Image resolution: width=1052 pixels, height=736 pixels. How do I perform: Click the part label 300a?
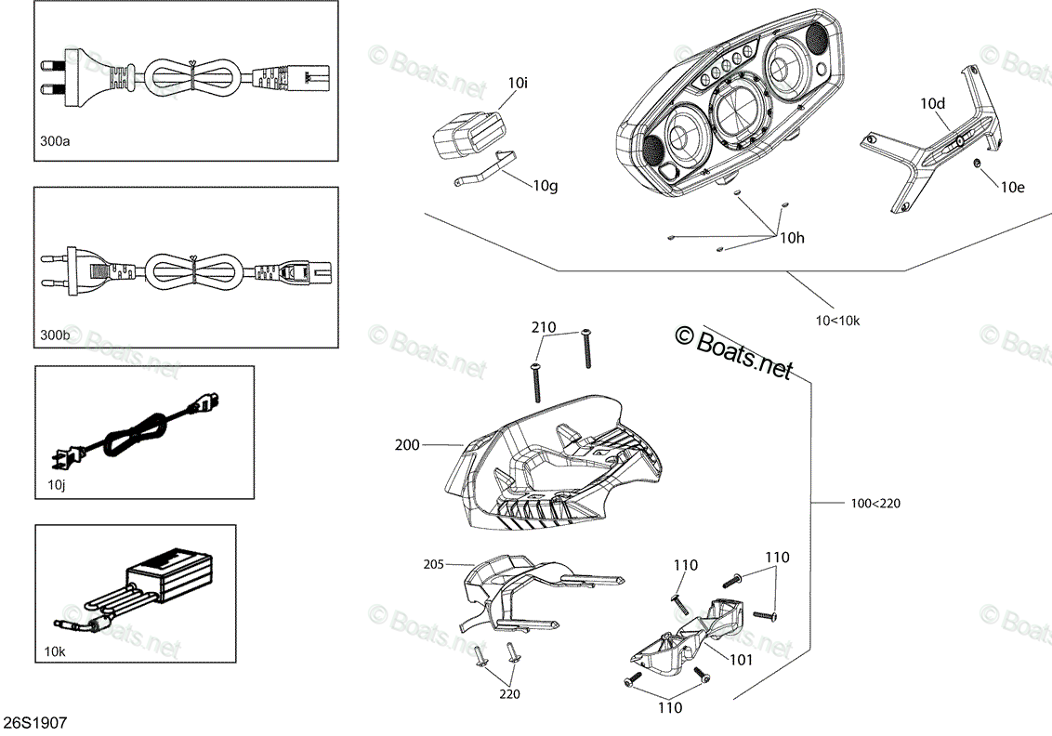tap(55, 141)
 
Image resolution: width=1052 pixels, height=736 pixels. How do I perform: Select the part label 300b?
tap(55, 335)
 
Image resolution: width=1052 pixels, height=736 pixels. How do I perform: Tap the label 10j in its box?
tap(57, 485)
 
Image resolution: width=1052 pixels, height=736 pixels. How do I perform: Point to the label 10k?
tap(55, 651)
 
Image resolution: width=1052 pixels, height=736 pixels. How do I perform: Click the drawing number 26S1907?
tap(35, 723)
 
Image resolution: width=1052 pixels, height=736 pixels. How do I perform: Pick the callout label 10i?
tap(518, 84)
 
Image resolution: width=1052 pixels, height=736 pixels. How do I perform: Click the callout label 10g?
tap(546, 186)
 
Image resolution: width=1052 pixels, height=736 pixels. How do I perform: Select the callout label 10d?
tap(932, 103)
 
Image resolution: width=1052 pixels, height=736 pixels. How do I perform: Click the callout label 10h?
tap(792, 238)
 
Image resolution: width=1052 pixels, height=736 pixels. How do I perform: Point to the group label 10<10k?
tap(837, 321)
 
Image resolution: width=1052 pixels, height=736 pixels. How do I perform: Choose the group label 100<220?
tap(875, 503)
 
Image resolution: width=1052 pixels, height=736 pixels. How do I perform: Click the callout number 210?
tap(544, 327)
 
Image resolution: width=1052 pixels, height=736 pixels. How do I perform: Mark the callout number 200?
tap(407, 445)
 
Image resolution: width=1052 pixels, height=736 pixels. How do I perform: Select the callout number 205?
tap(433, 564)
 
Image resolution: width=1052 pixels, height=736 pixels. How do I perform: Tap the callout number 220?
tap(509, 694)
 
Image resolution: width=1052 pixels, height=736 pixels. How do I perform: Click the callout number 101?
tap(741, 660)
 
